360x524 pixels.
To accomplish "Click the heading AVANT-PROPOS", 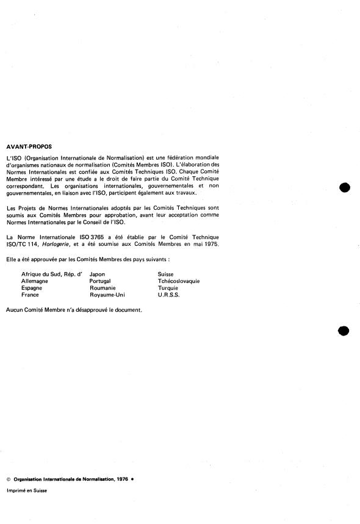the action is click(29, 146).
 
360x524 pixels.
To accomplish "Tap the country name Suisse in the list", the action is click(166, 275).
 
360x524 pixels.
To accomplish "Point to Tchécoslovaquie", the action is click(179, 281).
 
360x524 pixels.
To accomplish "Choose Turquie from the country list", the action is click(168, 288).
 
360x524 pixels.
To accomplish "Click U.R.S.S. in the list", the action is click(169, 295).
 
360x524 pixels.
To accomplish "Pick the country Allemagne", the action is click(35, 281).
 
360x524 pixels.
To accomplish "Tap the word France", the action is click(30, 295).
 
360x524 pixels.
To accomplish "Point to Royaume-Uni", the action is click(107, 295).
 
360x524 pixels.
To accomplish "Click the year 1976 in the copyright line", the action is click(122, 480).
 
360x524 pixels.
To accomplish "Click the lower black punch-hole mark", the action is click(344, 330).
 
